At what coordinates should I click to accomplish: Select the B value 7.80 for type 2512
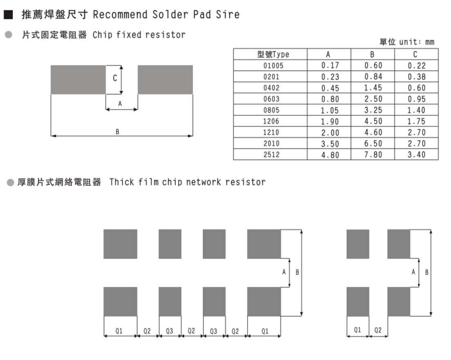point(373,155)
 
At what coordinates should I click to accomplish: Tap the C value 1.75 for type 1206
point(416,121)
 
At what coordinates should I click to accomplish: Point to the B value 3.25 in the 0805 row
point(373,110)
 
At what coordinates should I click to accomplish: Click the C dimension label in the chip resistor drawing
point(114,79)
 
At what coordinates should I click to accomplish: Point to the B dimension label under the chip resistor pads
point(117,132)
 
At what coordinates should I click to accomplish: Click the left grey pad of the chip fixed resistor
point(78,80)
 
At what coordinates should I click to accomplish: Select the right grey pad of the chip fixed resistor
point(165,80)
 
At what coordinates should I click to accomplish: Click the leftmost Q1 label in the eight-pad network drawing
point(119,331)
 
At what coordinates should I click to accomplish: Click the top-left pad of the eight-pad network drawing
point(120,244)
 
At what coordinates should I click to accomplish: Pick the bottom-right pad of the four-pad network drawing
point(398,302)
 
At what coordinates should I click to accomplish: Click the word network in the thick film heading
point(204,182)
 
